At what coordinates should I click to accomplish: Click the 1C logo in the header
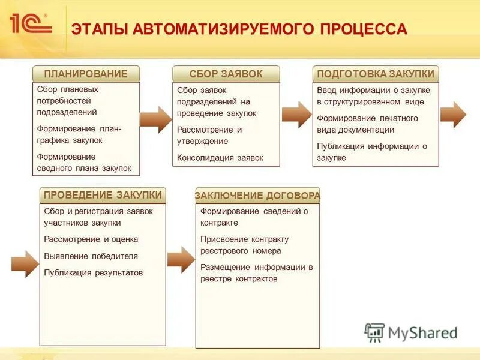click(30, 24)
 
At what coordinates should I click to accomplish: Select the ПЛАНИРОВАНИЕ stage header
click(86, 74)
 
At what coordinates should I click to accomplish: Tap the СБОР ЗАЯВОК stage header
click(226, 74)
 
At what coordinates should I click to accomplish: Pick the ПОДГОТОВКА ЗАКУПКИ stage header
click(376, 74)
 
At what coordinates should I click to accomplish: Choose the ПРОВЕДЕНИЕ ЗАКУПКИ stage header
click(103, 195)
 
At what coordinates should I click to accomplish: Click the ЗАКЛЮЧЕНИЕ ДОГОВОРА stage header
click(257, 196)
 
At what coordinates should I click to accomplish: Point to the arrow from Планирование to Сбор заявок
click(156, 119)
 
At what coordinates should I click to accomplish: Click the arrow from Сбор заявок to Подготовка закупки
click(296, 115)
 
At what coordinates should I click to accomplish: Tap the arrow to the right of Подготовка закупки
click(453, 115)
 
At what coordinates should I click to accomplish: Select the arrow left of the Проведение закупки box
click(25, 263)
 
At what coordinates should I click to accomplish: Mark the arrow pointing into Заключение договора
click(181, 259)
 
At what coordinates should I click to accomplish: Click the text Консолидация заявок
click(220, 158)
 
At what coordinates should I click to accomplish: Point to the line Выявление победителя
click(91, 256)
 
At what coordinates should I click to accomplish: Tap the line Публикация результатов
click(94, 272)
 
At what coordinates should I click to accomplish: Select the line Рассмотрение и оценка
click(91, 239)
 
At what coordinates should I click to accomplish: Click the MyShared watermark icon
click(374, 332)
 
